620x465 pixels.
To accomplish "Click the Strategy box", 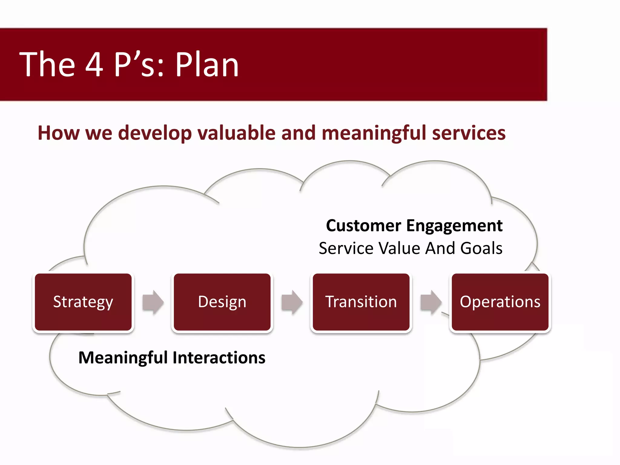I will [83, 302].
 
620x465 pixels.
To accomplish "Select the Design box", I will [222, 302].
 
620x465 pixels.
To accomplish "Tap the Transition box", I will [361, 302].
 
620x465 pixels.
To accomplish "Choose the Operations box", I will [500, 302].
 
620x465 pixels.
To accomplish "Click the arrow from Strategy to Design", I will [153, 302].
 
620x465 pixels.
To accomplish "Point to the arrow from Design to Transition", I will [292, 302].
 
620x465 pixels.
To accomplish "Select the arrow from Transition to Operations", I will [431, 302].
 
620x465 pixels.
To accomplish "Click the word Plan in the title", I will [207, 64].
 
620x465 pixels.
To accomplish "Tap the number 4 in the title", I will [94, 64].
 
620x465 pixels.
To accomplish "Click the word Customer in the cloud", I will [363, 226].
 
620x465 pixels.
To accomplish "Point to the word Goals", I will [481, 248].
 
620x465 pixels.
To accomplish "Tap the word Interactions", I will [219, 358].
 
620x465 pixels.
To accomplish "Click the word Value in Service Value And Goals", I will [400, 248].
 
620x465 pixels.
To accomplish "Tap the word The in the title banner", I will [47, 64].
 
